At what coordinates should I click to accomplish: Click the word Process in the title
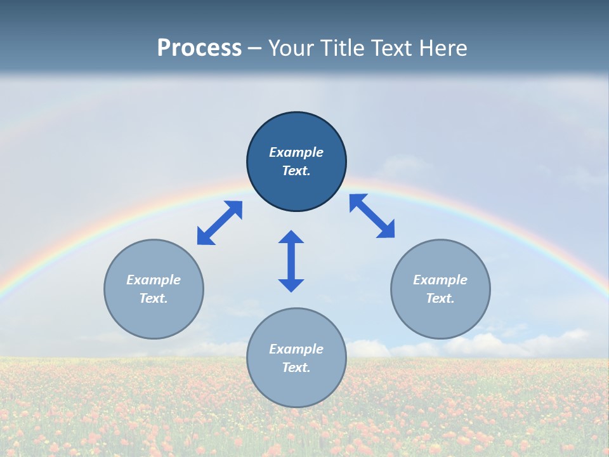199,48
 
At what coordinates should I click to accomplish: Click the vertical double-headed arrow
291,262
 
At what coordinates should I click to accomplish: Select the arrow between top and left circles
219,223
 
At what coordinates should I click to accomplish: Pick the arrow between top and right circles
372,216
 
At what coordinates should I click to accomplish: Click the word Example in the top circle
296,152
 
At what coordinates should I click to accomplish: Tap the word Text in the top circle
296,171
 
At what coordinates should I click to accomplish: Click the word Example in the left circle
154,280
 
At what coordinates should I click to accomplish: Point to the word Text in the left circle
154,298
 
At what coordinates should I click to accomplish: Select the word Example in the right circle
440,280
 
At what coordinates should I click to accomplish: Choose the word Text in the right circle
440,298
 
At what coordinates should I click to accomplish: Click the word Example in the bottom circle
296,349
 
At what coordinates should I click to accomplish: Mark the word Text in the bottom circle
296,368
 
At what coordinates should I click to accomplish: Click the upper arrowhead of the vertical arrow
291,237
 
